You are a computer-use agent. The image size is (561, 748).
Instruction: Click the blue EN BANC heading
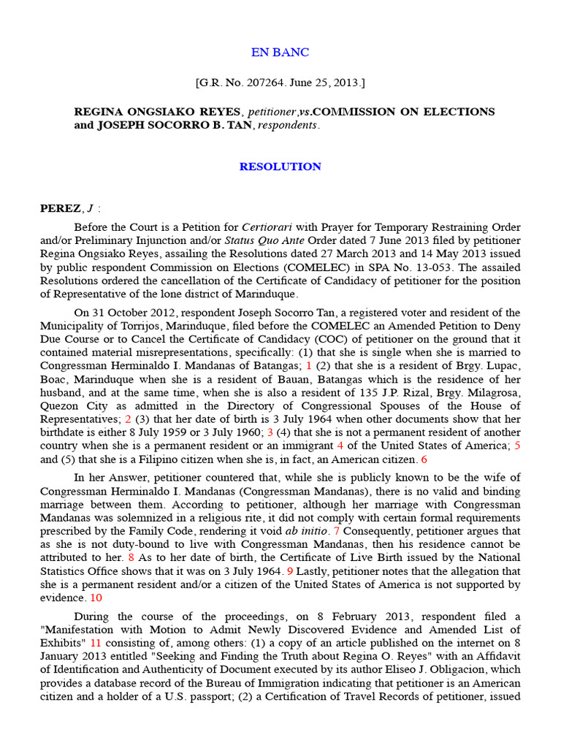point(280,53)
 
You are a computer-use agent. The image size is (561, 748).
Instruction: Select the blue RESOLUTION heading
point(280,167)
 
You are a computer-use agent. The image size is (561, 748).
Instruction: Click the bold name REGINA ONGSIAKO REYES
point(157,112)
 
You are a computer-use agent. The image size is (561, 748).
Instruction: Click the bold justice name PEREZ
point(61,208)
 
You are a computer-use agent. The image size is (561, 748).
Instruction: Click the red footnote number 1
point(308,366)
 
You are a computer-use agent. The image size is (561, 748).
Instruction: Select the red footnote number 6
point(424,459)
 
